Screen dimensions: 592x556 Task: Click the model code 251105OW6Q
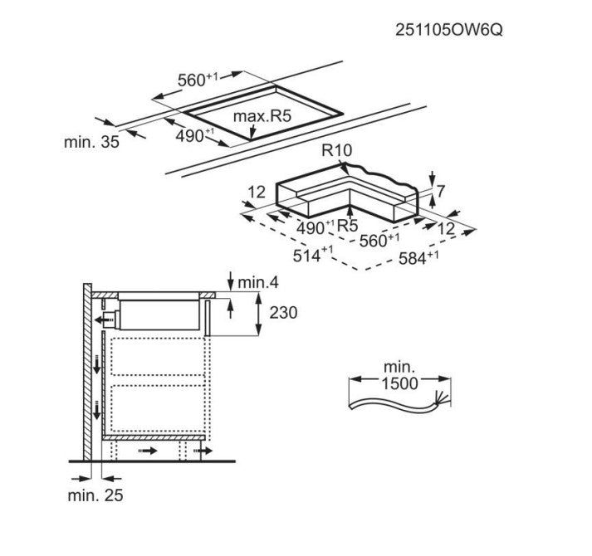449,30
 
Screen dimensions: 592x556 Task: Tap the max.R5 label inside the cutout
262,116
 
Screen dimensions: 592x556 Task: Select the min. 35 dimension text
91,142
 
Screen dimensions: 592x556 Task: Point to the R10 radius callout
337,150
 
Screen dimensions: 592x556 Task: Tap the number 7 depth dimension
441,192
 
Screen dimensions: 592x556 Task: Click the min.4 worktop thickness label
258,282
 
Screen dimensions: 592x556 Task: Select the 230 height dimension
283,313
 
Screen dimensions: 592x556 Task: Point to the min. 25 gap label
95,495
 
